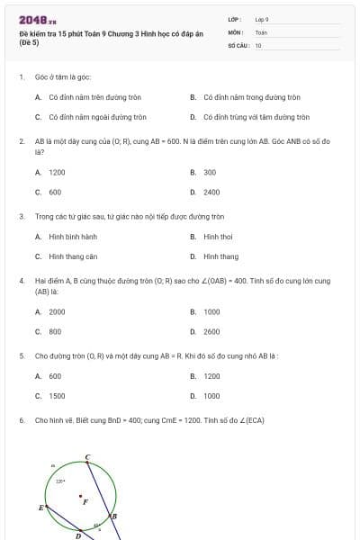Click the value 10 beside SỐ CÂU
point(258,44)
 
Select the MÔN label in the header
point(235,31)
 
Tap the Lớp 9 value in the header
point(262,19)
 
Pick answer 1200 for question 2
point(57,172)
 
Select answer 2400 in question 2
point(211,192)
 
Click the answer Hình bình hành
point(73,237)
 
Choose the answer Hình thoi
point(218,237)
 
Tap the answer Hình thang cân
point(73,256)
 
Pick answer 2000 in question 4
point(57,311)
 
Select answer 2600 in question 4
point(211,331)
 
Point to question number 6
point(21,420)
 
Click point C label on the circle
point(87,457)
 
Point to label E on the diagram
point(40,508)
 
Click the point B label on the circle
point(113,516)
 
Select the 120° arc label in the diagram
point(59,481)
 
